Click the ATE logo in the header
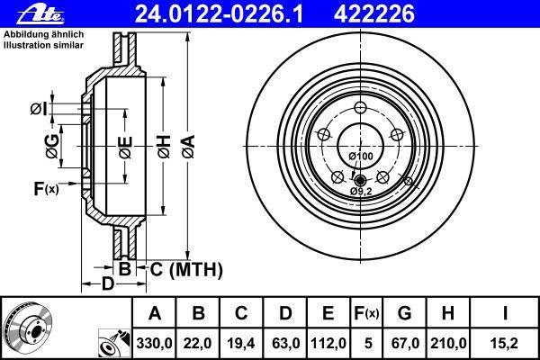[40, 14]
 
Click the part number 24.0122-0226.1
[219, 14]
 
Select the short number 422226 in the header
[374, 14]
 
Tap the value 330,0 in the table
[154, 344]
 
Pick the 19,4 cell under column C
[241, 344]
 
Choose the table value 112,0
[328, 344]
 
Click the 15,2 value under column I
[505, 344]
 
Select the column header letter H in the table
[447, 313]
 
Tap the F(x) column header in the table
[366, 313]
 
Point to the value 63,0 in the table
[285, 344]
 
